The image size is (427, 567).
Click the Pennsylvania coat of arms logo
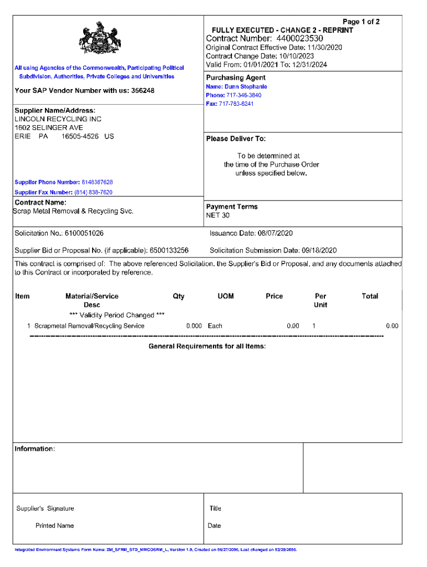(x=100, y=38)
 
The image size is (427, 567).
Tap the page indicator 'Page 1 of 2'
(x=361, y=22)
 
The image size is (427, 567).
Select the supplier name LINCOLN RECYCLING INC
(x=58, y=119)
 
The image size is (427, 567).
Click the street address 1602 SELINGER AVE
(x=49, y=127)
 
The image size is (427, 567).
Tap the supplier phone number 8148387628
(x=97, y=182)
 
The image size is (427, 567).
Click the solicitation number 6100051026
(x=84, y=234)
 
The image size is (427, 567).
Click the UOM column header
(x=226, y=296)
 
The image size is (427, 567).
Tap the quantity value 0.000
(x=194, y=326)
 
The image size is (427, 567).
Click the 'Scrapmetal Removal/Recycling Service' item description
(x=89, y=326)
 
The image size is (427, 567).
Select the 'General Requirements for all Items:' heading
(x=207, y=346)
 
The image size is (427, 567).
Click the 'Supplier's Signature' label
(x=45, y=508)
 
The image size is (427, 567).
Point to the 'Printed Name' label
(x=54, y=525)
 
